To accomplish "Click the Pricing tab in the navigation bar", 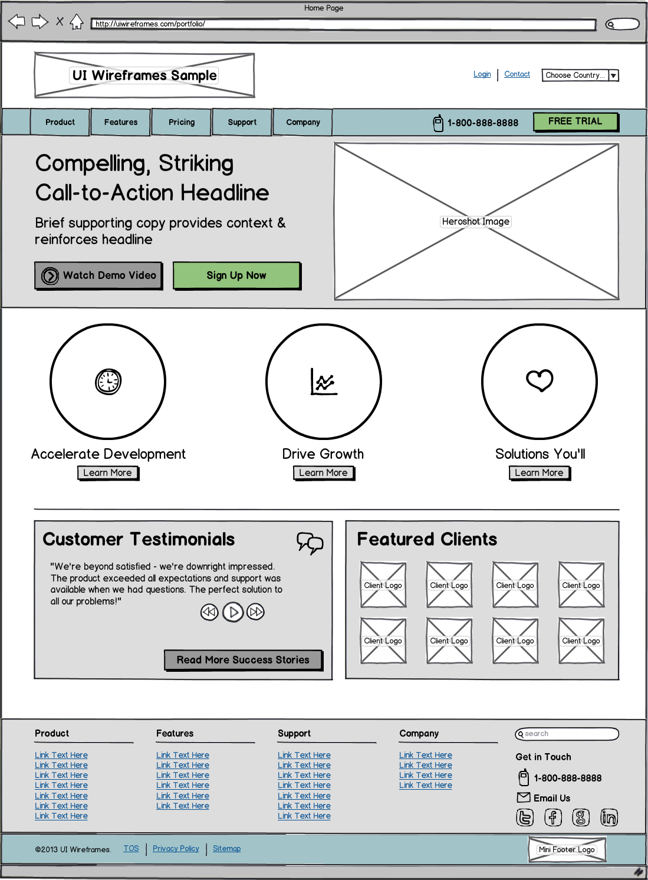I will click(x=182, y=122).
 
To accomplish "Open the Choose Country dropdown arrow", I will click(x=613, y=75).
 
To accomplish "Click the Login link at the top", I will click(x=482, y=74).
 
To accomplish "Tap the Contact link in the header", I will click(x=517, y=74).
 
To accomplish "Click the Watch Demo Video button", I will click(x=98, y=275).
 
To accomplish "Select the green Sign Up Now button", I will click(x=236, y=275).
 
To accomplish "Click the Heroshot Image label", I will click(x=476, y=222).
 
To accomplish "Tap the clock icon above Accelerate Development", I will click(x=108, y=382).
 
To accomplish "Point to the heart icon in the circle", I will click(x=540, y=380).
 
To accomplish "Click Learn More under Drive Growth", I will click(x=324, y=472).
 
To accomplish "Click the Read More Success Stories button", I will click(x=243, y=660).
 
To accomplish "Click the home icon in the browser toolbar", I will click(x=77, y=22).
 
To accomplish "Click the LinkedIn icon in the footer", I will click(x=608, y=817).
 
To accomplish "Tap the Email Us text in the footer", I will click(x=552, y=798).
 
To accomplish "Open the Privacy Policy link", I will click(x=176, y=849).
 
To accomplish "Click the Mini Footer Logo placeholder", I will click(x=567, y=850).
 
